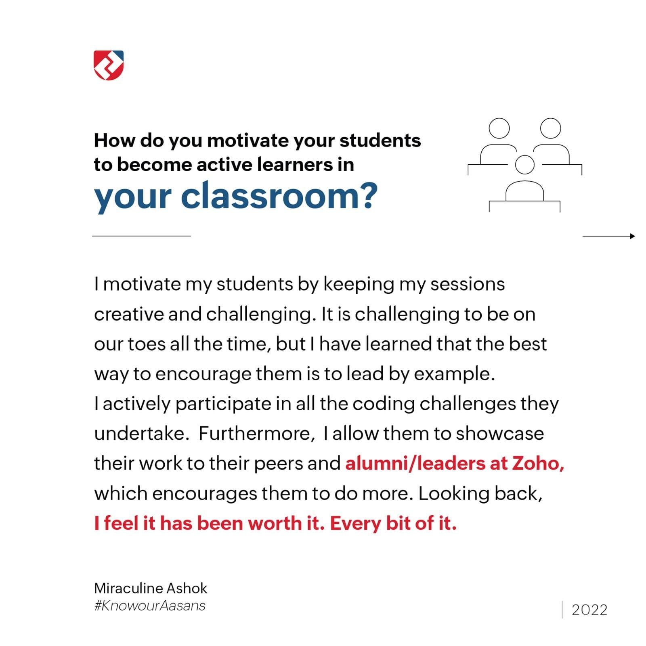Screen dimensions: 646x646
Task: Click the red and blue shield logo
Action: coord(109,65)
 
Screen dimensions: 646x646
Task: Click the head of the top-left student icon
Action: coord(499,128)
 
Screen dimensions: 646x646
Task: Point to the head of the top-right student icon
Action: coord(550,128)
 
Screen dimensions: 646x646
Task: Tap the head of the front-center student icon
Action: coord(524,164)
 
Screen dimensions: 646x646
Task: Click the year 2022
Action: coord(589,610)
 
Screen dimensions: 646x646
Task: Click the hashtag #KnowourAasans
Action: coord(150,606)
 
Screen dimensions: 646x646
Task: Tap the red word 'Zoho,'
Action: coord(538,463)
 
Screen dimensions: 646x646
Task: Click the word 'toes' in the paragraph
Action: coord(147,344)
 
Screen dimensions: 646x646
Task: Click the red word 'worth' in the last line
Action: coord(275,523)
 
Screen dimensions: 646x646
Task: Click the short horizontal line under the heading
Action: coord(141,236)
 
